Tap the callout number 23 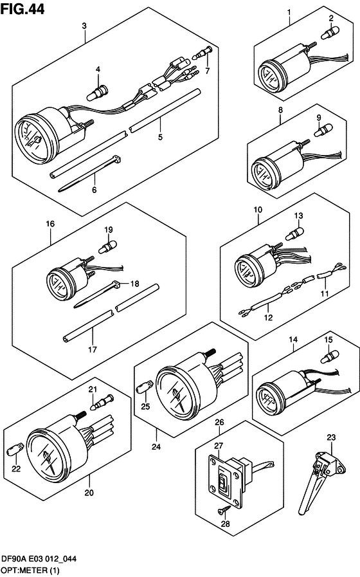tap(330, 437)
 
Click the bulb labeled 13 tap(297, 230)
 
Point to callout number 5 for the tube tap(160, 137)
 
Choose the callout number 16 tap(50, 223)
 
